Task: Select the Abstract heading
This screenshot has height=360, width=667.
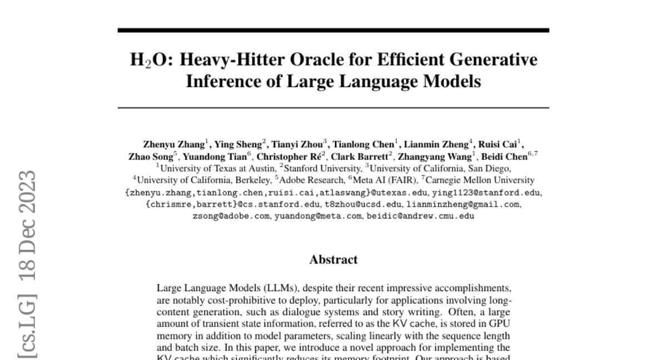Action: click(x=333, y=259)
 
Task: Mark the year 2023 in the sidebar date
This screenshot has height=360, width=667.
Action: click(x=27, y=188)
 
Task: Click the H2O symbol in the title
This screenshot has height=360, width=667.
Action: click(x=146, y=60)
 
